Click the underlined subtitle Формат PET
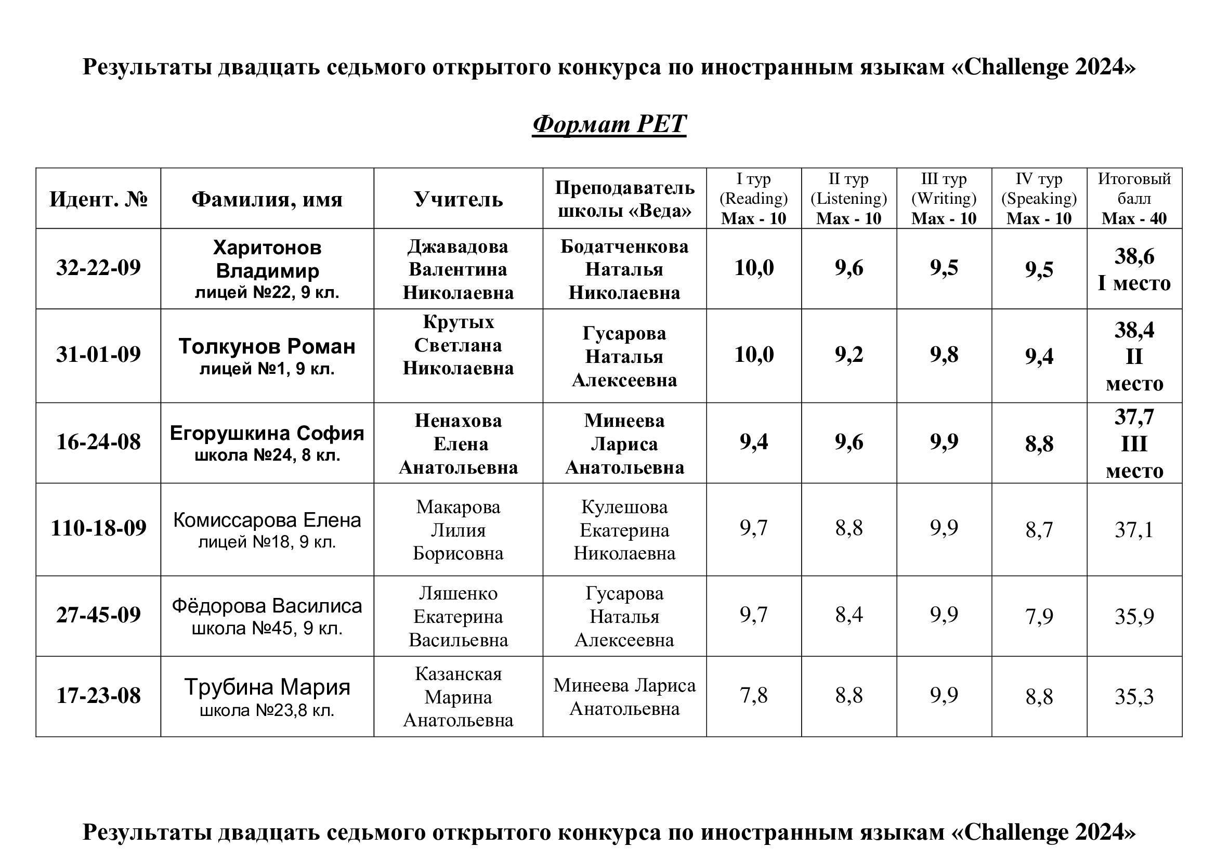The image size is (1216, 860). coord(609,124)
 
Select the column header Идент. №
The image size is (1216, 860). coord(98,199)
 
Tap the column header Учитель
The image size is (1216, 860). coord(458,199)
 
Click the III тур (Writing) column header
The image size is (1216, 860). coord(944,199)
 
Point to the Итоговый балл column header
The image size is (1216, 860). coord(1134,199)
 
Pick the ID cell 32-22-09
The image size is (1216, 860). coord(98,268)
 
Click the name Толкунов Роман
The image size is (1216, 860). coord(267,346)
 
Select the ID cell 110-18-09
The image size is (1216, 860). coord(98,528)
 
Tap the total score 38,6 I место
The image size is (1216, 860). coord(1134,269)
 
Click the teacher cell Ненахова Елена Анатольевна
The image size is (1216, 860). coord(458,444)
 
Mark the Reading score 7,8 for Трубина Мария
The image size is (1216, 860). coord(754,695)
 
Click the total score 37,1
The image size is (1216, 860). coord(1134,529)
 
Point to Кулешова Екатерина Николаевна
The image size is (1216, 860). coord(624,530)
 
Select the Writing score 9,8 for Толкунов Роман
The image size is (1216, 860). coord(944,355)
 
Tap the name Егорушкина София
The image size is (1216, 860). coord(267,434)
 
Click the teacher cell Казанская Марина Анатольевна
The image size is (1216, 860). coord(458,697)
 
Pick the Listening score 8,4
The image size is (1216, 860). coord(849,615)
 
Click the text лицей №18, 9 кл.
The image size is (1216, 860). coord(267,542)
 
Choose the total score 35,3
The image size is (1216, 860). coord(1134,697)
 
